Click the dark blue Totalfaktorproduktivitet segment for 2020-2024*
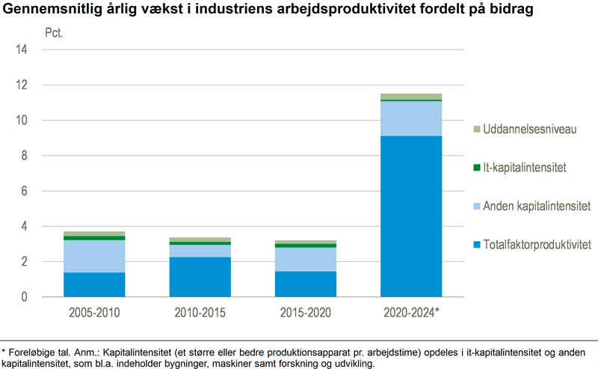pos(411,216)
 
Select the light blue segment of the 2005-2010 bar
pos(94,256)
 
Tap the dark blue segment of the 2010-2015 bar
pos(200,277)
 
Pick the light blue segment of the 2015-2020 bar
pos(305,259)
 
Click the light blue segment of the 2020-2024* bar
pos(411,118)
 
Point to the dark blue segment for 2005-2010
pos(94,284)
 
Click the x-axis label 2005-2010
pos(94,312)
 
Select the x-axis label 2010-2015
pos(200,312)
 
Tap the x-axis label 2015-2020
pos(305,312)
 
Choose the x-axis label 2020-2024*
pos(412,312)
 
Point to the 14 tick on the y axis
pos(22,50)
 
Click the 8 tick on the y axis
pos(24,156)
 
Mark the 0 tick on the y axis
pos(24,297)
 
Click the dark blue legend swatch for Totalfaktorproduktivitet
pos(476,245)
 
